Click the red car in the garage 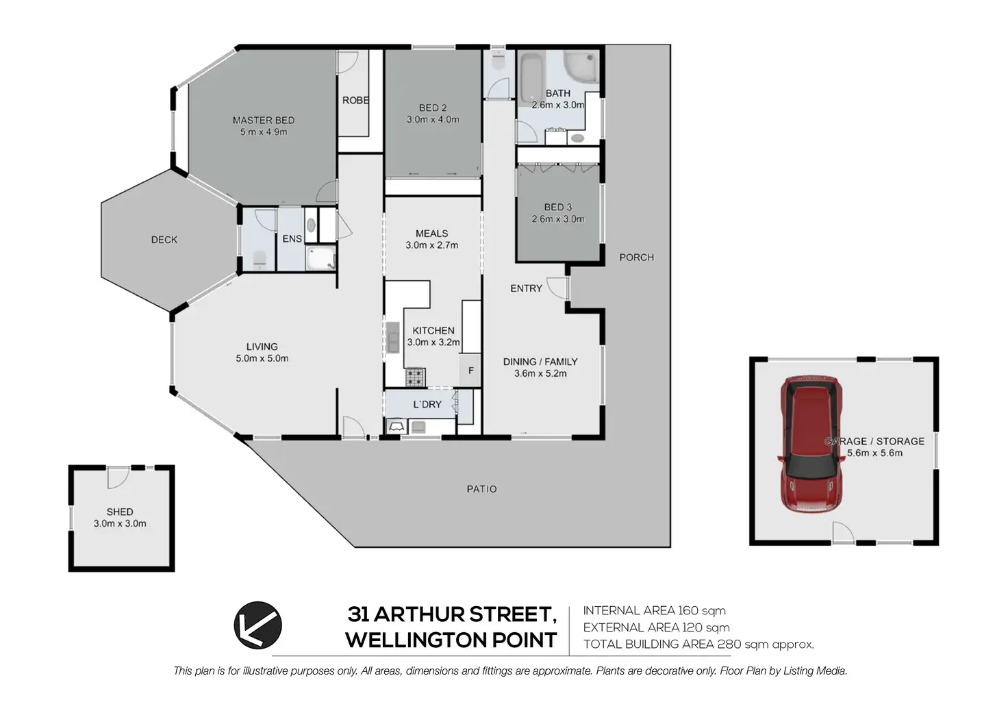[811, 445]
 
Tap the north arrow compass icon [258, 625]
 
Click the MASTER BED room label [264, 121]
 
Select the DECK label [164, 240]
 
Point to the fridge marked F [470, 371]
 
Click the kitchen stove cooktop [415, 377]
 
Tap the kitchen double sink [393, 337]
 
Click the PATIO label [481, 489]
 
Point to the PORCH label [636, 258]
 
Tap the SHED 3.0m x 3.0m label [120, 518]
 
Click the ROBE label [355, 101]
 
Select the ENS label [292, 239]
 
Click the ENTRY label [526, 288]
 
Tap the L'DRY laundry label [427, 405]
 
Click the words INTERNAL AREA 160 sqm [654, 611]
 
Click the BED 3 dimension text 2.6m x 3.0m [558, 219]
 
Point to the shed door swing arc [118, 479]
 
